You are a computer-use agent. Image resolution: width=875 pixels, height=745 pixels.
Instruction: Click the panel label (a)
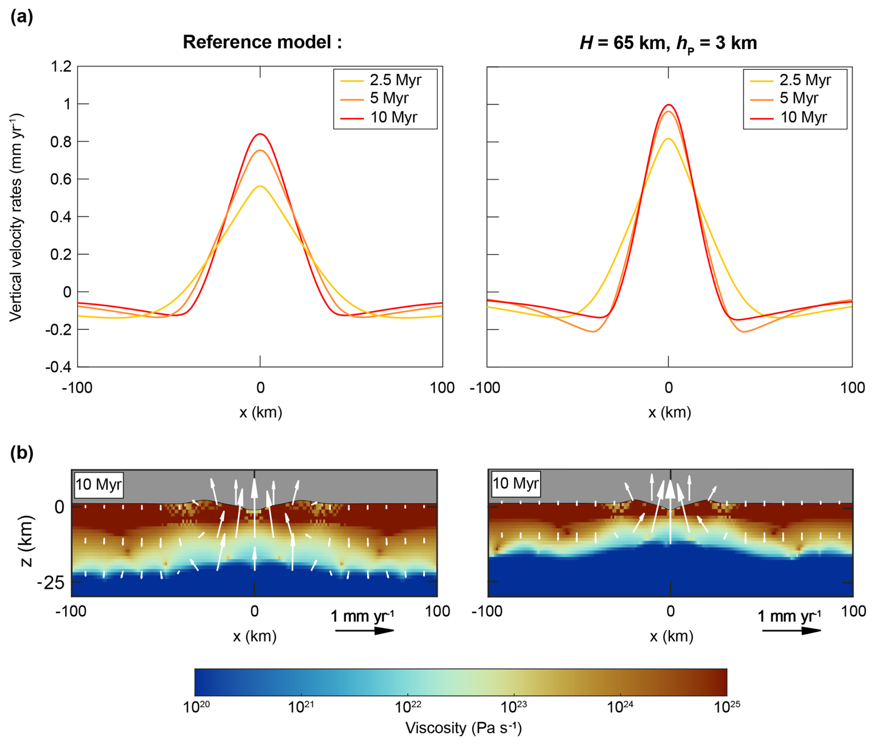(21, 17)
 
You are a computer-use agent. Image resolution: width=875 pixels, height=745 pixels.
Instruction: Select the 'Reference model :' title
(262, 42)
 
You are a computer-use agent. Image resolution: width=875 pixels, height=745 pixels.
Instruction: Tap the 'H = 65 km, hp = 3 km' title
(668, 43)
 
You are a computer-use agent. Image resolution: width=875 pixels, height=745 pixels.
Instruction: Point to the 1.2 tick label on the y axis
(61, 67)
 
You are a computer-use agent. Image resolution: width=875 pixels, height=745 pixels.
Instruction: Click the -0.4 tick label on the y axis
(59, 367)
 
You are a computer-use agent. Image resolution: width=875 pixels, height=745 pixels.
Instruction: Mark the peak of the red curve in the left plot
(260, 134)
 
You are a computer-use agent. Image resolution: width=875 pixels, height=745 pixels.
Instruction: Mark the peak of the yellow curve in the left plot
(260, 186)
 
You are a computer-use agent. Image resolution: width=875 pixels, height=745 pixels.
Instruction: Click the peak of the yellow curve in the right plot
(669, 138)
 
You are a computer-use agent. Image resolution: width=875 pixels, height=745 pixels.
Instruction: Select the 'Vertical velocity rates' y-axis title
(16, 217)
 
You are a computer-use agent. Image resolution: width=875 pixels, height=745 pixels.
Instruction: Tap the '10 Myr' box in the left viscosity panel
(99, 484)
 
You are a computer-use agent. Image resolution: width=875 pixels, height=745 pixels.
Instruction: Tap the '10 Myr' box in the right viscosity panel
(515, 484)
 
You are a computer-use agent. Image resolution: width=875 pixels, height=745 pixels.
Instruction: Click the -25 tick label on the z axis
(51, 583)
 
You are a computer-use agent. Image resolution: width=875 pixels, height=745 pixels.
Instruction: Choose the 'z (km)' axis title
(25, 540)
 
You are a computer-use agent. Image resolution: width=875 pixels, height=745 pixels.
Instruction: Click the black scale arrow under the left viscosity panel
(364, 630)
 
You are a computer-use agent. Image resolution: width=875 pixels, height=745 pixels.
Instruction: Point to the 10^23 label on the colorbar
(514, 707)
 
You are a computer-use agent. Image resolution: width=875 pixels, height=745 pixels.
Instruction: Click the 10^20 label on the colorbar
(196, 707)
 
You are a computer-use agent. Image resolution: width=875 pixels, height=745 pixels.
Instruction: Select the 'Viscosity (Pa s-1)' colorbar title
(463, 728)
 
